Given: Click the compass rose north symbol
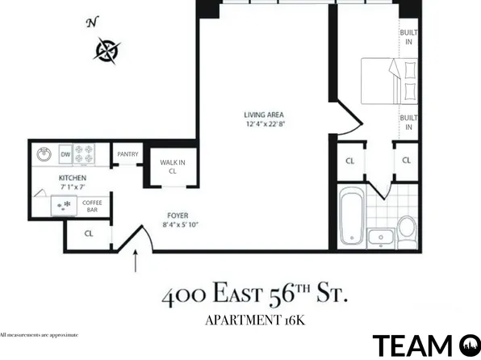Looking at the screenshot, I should click(107, 50).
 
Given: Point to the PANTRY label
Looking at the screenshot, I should click(128, 154).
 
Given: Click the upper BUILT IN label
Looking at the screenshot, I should click(409, 37).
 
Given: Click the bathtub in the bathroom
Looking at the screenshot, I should click(350, 216).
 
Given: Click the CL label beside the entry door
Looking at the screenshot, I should click(90, 234).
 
